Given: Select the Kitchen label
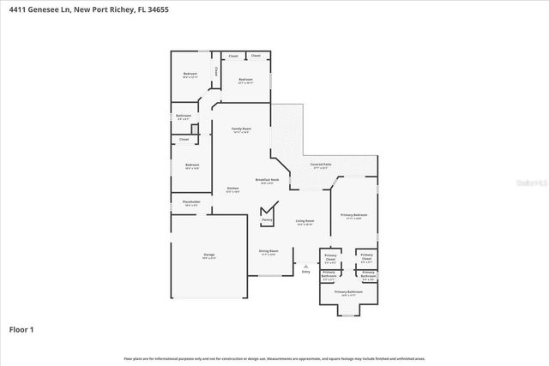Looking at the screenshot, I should point(232,189).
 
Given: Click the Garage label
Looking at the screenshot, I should point(208,255).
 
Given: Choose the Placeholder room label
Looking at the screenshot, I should point(190,203).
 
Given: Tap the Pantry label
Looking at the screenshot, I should point(266,219).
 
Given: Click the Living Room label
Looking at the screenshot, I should point(305,221).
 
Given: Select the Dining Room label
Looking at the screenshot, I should point(268,252).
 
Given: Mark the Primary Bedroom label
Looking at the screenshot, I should point(353,216).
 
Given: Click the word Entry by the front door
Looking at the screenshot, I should point(305,273).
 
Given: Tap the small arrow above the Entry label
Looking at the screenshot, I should point(305,267).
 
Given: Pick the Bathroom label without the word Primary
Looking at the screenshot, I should point(184,116).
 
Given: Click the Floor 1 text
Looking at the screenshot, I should point(21,329).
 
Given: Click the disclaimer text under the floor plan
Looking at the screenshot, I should point(274,358).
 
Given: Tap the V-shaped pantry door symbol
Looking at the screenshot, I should point(268,210).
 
